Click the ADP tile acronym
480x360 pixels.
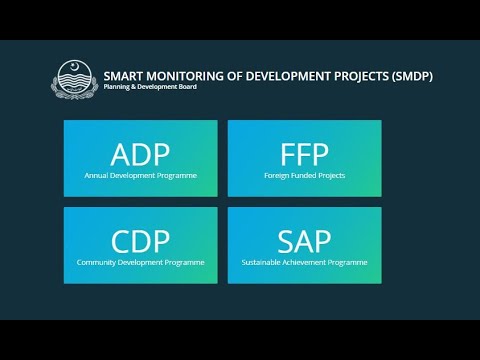click(x=140, y=155)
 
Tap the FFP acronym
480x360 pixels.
click(x=305, y=155)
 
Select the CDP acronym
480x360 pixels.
click(x=140, y=242)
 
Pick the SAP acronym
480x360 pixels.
click(x=305, y=242)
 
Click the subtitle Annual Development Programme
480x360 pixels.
click(x=140, y=175)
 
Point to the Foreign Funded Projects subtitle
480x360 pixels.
click(x=305, y=175)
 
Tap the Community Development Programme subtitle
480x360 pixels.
click(x=140, y=262)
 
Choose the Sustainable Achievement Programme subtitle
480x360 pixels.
click(x=305, y=262)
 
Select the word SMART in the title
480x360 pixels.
click(x=124, y=75)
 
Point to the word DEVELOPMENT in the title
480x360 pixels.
click(x=287, y=75)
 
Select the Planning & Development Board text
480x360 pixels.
click(x=150, y=88)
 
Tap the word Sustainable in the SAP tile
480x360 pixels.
click(x=261, y=262)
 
